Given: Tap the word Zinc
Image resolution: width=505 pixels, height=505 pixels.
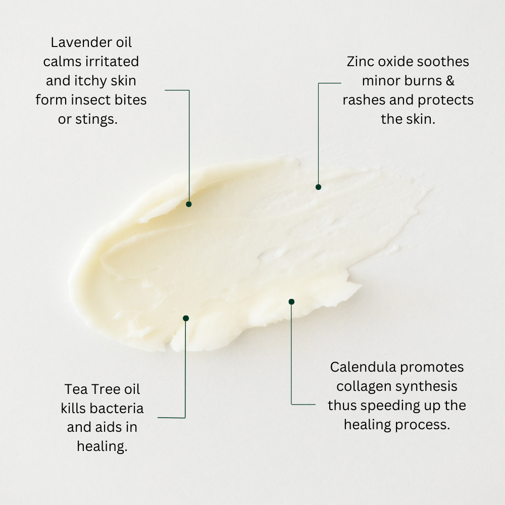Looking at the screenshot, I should (360, 62).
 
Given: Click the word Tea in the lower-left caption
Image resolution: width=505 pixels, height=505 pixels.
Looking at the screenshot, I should (74, 389).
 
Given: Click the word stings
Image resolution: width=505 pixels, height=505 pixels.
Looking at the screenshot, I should (98, 120).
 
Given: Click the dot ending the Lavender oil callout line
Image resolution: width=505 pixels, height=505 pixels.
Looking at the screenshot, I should (189, 204).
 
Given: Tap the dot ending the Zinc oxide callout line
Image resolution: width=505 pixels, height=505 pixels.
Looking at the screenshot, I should (318, 187).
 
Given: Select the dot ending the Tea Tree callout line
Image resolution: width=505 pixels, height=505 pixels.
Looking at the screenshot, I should (186, 318).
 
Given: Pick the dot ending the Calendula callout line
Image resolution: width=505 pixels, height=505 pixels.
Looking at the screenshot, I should (291, 301).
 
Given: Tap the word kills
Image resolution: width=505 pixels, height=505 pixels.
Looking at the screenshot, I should (73, 408).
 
